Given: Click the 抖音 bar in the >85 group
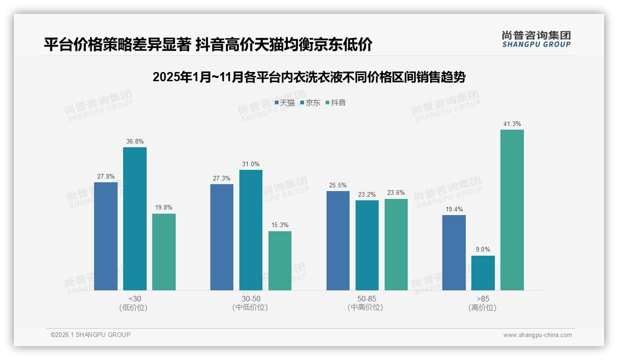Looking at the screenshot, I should tap(512, 210).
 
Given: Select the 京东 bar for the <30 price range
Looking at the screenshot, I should tap(135, 219).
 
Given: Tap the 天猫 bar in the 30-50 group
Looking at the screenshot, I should tap(222, 237).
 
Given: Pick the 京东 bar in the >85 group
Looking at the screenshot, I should tap(483, 273).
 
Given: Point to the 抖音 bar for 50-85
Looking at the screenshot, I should tap(396, 245).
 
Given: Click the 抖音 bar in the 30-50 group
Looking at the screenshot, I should tap(280, 261).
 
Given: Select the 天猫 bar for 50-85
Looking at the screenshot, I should tap(338, 240).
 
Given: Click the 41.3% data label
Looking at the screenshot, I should tap(512, 124).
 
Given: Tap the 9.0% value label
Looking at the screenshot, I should tap(483, 250).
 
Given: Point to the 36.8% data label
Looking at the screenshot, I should tap(135, 141).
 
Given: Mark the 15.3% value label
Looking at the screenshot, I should tap(280, 225).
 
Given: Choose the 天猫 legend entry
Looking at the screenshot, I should tap(285, 103).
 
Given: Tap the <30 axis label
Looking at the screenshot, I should tap(135, 299).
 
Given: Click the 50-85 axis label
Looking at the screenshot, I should tap(367, 299).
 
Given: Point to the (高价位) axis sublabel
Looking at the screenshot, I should tap(482, 307).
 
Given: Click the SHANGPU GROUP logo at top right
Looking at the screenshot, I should tap(536, 39).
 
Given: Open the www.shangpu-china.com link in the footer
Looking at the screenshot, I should tap(537, 335).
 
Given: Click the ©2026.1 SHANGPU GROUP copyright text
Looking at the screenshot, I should tap(90, 335).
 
